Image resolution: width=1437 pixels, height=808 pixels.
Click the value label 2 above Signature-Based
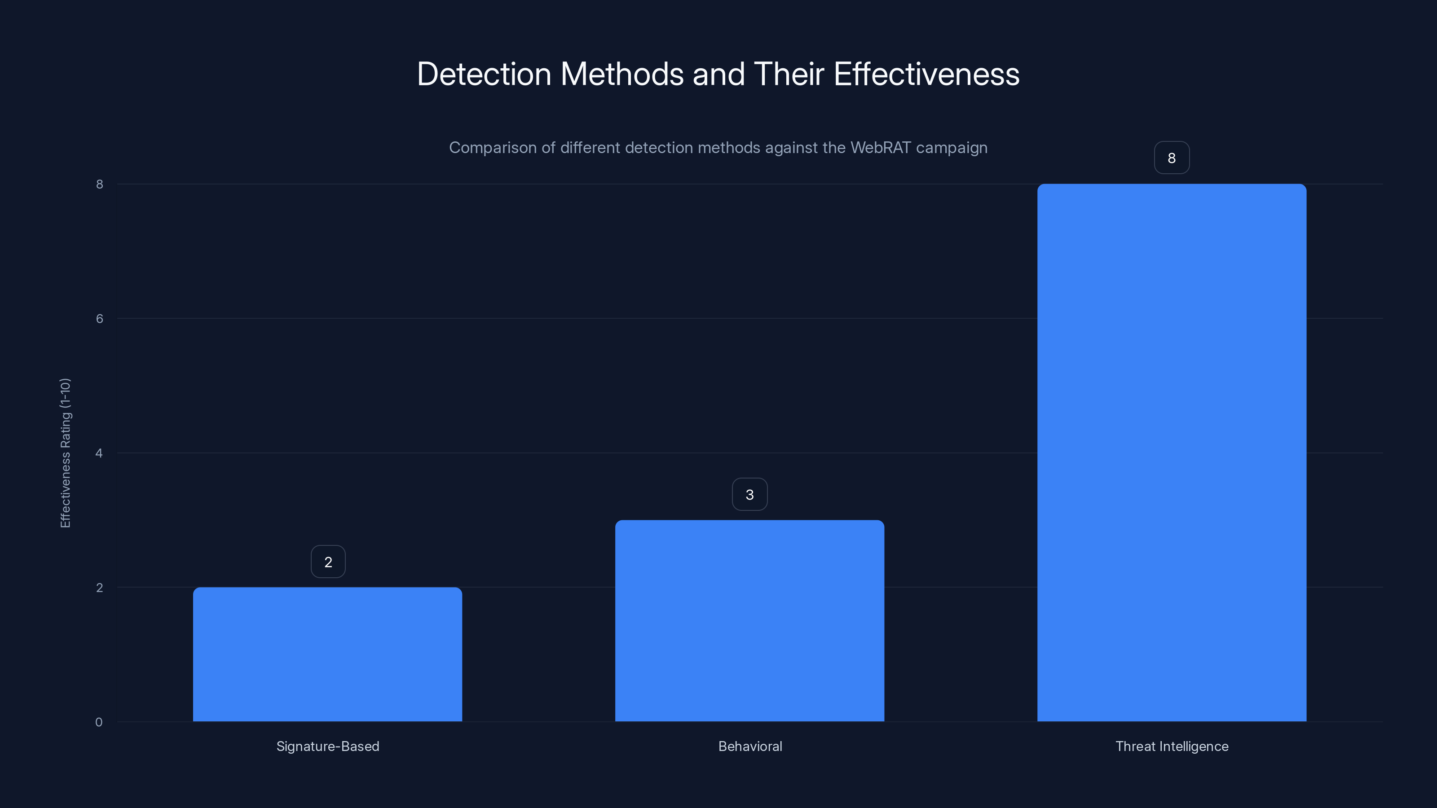pyautogui.click(x=328, y=562)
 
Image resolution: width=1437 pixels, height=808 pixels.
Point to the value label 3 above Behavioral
pyautogui.click(x=750, y=494)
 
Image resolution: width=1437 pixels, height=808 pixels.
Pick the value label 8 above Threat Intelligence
pyautogui.click(x=1172, y=158)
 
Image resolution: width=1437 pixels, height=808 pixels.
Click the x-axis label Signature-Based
pyautogui.click(x=327, y=746)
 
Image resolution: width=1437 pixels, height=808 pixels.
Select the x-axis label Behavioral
pyautogui.click(x=750, y=746)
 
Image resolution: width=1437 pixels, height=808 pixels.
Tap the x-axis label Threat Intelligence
pyautogui.click(x=1172, y=746)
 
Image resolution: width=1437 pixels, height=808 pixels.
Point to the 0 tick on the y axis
pyautogui.click(x=99, y=722)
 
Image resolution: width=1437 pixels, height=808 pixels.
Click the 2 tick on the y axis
pyautogui.click(x=99, y=587)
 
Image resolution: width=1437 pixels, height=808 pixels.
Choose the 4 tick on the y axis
pyautogui.click(x=99, y=453)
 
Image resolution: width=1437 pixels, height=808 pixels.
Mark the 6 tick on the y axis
pyautogui.click(x=99, y=318)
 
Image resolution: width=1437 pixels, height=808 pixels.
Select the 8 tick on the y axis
pyautogui.click(x=99, y=184)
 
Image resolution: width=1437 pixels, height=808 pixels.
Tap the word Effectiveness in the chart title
pyautogui.click(x=926, y=74)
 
